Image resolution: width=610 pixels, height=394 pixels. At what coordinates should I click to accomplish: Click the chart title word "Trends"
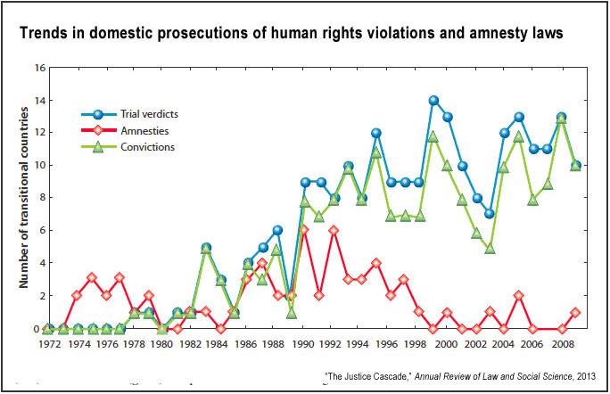43,34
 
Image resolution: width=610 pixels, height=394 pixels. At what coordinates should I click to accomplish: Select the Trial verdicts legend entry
138,113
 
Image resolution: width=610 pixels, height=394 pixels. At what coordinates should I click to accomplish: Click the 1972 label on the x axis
49,344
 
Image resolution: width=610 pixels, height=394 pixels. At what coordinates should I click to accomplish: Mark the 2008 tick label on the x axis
561,344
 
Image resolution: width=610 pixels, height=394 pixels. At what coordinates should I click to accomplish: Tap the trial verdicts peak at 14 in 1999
433,101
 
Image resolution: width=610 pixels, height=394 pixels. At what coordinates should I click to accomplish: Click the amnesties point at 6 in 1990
305,230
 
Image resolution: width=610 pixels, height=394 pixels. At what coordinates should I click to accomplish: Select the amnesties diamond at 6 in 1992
334,230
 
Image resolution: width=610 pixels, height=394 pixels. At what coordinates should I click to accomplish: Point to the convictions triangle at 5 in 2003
490,248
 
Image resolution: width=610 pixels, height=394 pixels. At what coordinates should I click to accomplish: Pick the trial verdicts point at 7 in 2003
490,214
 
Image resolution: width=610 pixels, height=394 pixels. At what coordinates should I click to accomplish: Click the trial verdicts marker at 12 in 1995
376,133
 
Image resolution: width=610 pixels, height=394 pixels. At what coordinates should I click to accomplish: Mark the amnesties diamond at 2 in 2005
518,296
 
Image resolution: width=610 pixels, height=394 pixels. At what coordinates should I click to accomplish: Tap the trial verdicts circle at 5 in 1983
206,247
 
